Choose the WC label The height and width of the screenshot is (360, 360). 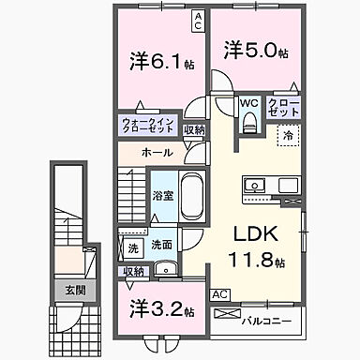[247, 104]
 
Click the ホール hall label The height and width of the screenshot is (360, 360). [157, 152]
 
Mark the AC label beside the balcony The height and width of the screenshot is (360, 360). [220, 293]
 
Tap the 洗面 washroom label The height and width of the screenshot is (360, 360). [161, 246]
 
